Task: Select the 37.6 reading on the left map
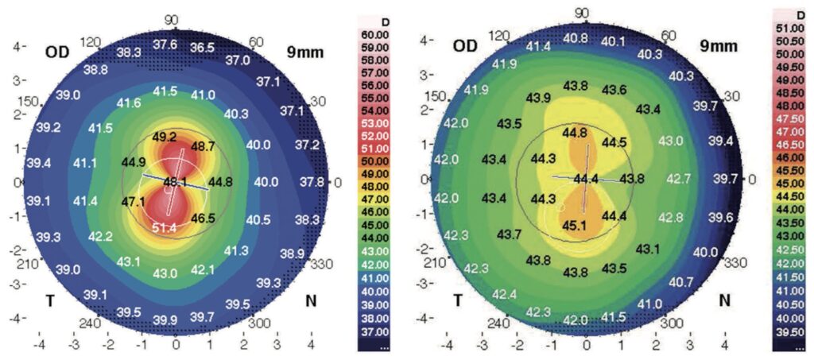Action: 165,45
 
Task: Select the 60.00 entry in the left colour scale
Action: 375,33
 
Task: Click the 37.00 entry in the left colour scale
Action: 375,331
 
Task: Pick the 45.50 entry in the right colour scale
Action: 789,170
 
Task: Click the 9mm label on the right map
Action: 716,46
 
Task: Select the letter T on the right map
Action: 457,300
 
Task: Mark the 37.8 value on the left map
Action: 310,182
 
